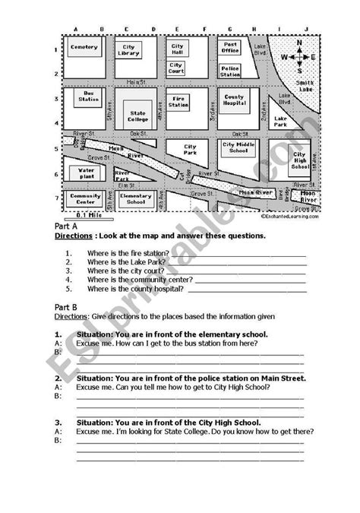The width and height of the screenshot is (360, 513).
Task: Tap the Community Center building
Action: coord(85,199)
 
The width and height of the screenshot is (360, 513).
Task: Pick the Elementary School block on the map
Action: coord(137,199)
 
